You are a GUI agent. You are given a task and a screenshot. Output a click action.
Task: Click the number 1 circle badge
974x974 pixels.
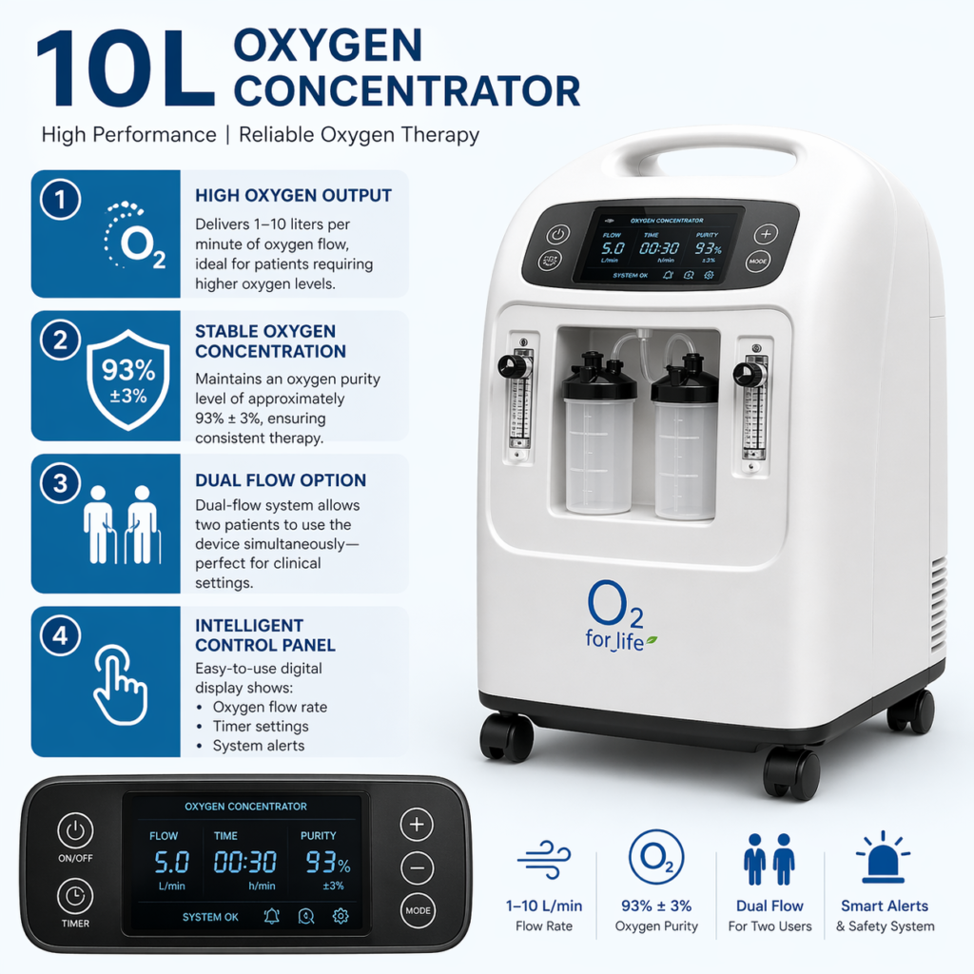click(60, 200)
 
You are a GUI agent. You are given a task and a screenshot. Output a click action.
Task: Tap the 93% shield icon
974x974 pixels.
click(128, 380)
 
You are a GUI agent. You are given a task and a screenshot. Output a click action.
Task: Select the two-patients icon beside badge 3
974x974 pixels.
click(123, 525)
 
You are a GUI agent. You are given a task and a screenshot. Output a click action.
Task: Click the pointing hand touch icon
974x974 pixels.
click(121, 685)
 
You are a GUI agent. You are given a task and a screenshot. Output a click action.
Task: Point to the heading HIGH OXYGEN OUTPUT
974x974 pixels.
click(293, 196)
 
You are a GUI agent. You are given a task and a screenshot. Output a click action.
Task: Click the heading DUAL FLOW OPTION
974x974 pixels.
click(281, 480)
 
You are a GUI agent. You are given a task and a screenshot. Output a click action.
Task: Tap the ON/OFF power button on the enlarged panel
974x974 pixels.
click(75, 830)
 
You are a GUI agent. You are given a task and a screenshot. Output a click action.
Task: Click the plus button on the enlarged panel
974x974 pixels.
click(417, 825)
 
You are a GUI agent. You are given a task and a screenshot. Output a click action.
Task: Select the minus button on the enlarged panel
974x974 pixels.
click(417, 867)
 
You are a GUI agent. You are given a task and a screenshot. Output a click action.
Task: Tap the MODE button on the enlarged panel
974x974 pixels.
click(418, 910)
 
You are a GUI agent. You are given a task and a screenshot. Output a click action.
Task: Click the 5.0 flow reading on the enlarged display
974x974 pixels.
click(171, 862)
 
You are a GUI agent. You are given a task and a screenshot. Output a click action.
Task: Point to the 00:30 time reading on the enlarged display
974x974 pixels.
click(244, 862)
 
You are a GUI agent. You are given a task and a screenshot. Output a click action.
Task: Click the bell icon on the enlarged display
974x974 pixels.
click(271, 916)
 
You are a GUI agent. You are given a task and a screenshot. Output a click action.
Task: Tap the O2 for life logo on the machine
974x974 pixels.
click(616, 615)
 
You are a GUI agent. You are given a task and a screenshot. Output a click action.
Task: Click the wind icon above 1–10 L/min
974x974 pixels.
click(544, 860)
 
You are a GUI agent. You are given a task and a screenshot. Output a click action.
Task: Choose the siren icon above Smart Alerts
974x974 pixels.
click(883, 857)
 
